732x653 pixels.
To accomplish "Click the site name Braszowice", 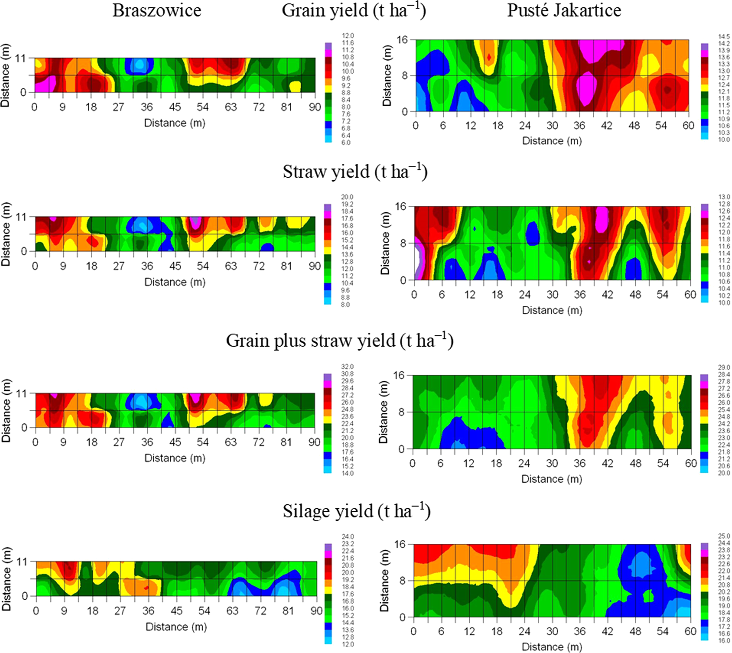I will coord(156,10).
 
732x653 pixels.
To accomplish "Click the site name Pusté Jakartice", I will coord(564,10).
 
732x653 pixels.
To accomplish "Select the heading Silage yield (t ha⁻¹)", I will coord(356,511).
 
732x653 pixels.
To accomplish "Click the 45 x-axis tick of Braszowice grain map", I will coord(175,107).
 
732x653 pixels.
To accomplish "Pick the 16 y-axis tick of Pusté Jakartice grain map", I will coord(402,40).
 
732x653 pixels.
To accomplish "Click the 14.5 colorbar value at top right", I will coord(724,36).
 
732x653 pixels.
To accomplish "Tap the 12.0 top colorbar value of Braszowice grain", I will coord(348,36).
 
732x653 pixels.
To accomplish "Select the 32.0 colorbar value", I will coord(347,366).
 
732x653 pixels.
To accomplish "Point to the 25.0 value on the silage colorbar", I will coord(724,536).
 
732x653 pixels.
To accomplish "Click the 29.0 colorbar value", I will coord(724,367).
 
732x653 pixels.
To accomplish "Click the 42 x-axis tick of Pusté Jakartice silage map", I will coord(607,631).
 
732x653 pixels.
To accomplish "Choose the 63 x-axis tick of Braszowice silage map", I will coord(232,611).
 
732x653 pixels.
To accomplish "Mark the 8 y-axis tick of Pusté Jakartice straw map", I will coord(403,243).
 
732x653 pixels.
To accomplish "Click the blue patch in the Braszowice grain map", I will coord(139,66).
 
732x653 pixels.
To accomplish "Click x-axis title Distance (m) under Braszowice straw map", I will coord(175,282).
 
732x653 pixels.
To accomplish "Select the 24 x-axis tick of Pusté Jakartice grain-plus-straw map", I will coord(524,463).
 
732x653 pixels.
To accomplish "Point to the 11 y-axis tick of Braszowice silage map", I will coord(21,561).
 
